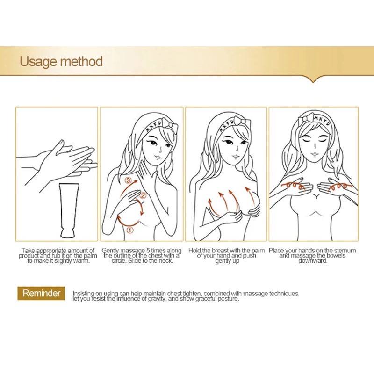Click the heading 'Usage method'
[61, 62]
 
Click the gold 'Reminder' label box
[41, 293]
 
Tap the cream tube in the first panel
[69, 210]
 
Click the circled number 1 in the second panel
[130, 230]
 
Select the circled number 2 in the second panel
[143, 195]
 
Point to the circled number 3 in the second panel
[129, 180]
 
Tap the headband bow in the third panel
[242, 122]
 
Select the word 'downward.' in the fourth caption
[313, 261]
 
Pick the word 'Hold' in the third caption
[194, 251]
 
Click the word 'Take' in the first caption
[28, 251]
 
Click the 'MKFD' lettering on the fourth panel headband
[322, 121]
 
